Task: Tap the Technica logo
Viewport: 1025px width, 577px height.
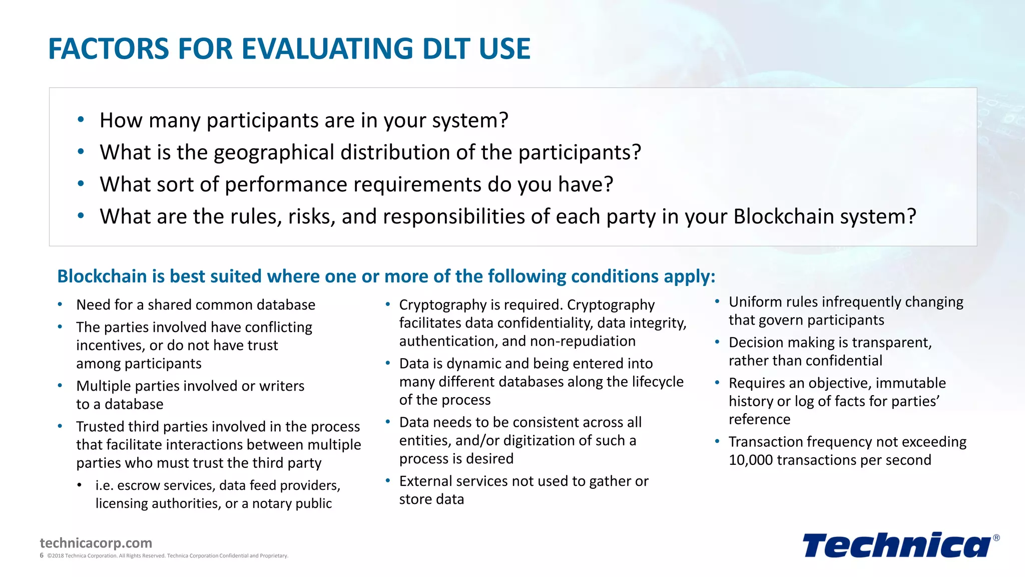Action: tap(896, 545)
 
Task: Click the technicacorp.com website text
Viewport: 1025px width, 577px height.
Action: tap(96, 543)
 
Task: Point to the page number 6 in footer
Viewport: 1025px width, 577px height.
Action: tap(42, 555)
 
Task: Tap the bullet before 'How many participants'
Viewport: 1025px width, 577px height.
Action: tap(81, 120)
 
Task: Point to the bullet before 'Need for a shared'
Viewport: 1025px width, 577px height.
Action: tap(60, 304)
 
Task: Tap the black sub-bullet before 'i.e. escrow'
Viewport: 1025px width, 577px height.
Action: tap(80, 485)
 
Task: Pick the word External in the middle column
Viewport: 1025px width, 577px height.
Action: tap(425, 481)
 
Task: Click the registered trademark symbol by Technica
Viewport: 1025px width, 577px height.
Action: tap(996, 538)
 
